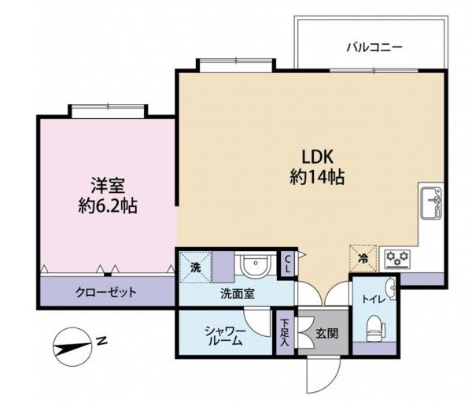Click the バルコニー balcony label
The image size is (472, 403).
click(x=374, y=47)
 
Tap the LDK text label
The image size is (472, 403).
click(x=316, y=155)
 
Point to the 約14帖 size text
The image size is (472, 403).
click(x=316, y=177)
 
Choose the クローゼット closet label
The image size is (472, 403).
click(x=106, y=292)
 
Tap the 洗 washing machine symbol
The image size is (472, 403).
click(x=195, y=265)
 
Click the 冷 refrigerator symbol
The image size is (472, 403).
click(x=363, y=257)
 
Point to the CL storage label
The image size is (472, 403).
click(x=288, y=263)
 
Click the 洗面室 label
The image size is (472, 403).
click(x=237, y=293)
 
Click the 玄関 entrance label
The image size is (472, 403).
click(x=327, y=334)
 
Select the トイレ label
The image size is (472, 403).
click(x=372, y=299)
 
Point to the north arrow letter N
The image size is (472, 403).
click(x=101, y=341)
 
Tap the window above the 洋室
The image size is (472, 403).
click(x=107, y=110)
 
